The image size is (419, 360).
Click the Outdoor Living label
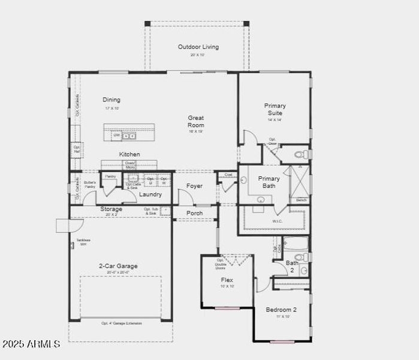tap(198, 47)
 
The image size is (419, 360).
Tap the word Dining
tap(111, 100)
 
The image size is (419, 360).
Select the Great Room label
tap(195, 121)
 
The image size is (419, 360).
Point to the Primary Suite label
tap(275, 109)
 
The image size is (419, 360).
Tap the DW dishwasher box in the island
tap(117, 136)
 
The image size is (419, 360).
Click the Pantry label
tap(110, 176)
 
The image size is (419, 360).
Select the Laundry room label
tap(150, 194)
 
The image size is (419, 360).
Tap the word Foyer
tap(194, 186)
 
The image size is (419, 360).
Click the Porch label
tap(194, 213)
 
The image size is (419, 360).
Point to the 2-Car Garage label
tap(118, 266)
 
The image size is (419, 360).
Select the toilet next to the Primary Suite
tap(303, 155)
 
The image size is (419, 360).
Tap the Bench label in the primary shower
tap(301, 200)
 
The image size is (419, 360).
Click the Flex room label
tap(227, 280)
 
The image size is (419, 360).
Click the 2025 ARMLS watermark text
tap(31, 344)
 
